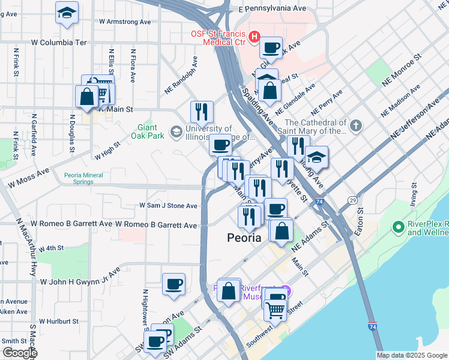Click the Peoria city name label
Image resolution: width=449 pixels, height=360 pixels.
244,237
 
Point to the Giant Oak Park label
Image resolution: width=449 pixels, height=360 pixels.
147,131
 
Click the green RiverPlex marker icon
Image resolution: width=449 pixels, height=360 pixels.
397,227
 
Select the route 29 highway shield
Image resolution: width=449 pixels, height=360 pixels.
352,200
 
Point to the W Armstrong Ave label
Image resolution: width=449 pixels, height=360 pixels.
125,21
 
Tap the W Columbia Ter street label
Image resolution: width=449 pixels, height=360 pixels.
59,43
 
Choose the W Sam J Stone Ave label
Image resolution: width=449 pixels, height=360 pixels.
168,205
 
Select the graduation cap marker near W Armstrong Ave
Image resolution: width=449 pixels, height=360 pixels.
67,13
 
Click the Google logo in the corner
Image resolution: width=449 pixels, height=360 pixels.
19,353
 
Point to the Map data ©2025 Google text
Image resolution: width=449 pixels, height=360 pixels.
411,355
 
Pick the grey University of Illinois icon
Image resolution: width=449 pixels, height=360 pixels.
176,131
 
